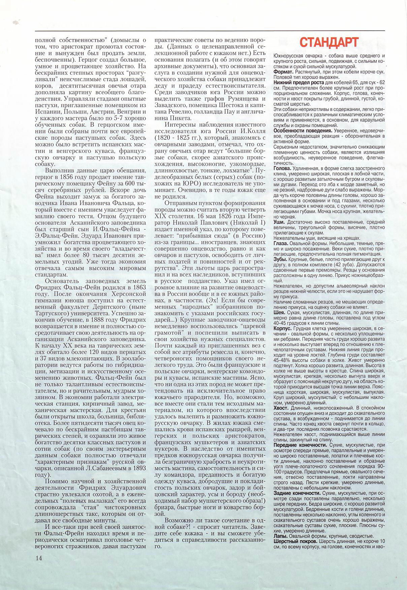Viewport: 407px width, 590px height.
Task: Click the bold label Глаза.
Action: [281, 243]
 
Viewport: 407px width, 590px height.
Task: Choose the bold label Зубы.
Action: [280, 260]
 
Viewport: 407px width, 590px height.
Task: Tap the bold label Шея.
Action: [279, 313]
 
